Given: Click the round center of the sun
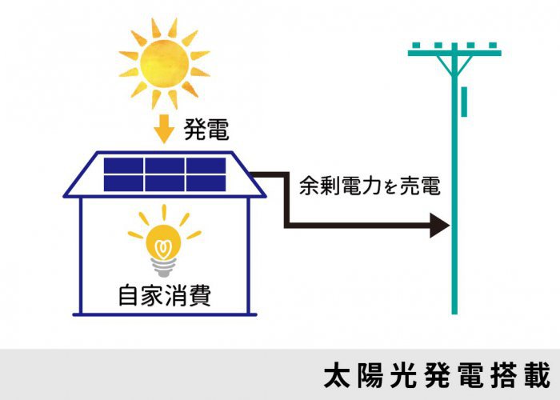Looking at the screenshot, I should click(x=165, y=61).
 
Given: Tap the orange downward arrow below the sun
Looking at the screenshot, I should click(x=165, y=128).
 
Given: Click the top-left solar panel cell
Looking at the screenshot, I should click(x=124, y=166).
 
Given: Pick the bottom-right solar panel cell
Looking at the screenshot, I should click(x=206, y=183).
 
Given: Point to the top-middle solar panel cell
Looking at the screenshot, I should click(x=165, y=166).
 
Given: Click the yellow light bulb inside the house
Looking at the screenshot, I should click(x=165, y=239).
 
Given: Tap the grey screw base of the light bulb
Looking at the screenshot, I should click(x=165, y=267).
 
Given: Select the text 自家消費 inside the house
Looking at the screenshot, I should click(x=164, y=296).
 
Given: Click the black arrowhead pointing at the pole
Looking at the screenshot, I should click(x=440, y=226).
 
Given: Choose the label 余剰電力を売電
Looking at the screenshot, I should click(x=370, y=187).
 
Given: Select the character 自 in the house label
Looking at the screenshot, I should click(x=129, y=296).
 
